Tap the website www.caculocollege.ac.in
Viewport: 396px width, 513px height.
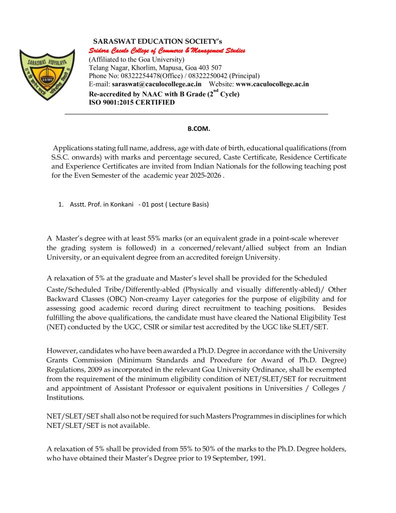coord(272,84)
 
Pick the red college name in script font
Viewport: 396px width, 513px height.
coord(167,51)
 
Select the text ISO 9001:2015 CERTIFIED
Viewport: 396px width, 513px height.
coord(132,102)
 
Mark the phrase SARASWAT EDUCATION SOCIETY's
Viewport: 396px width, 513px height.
coord(158,41)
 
